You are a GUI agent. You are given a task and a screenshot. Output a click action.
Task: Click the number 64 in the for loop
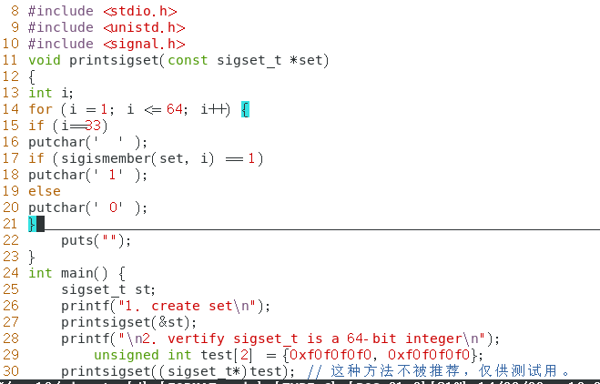tap(175, 109)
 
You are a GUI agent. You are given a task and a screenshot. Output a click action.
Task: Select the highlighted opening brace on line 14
tap(245, 109)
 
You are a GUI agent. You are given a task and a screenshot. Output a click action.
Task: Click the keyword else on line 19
tap(45, 191)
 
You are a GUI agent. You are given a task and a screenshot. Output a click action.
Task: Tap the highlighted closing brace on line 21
tap(32, 224)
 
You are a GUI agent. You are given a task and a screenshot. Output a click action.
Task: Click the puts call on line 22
tap(77, 240)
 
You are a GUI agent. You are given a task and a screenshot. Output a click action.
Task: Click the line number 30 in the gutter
tap(11, 371)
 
